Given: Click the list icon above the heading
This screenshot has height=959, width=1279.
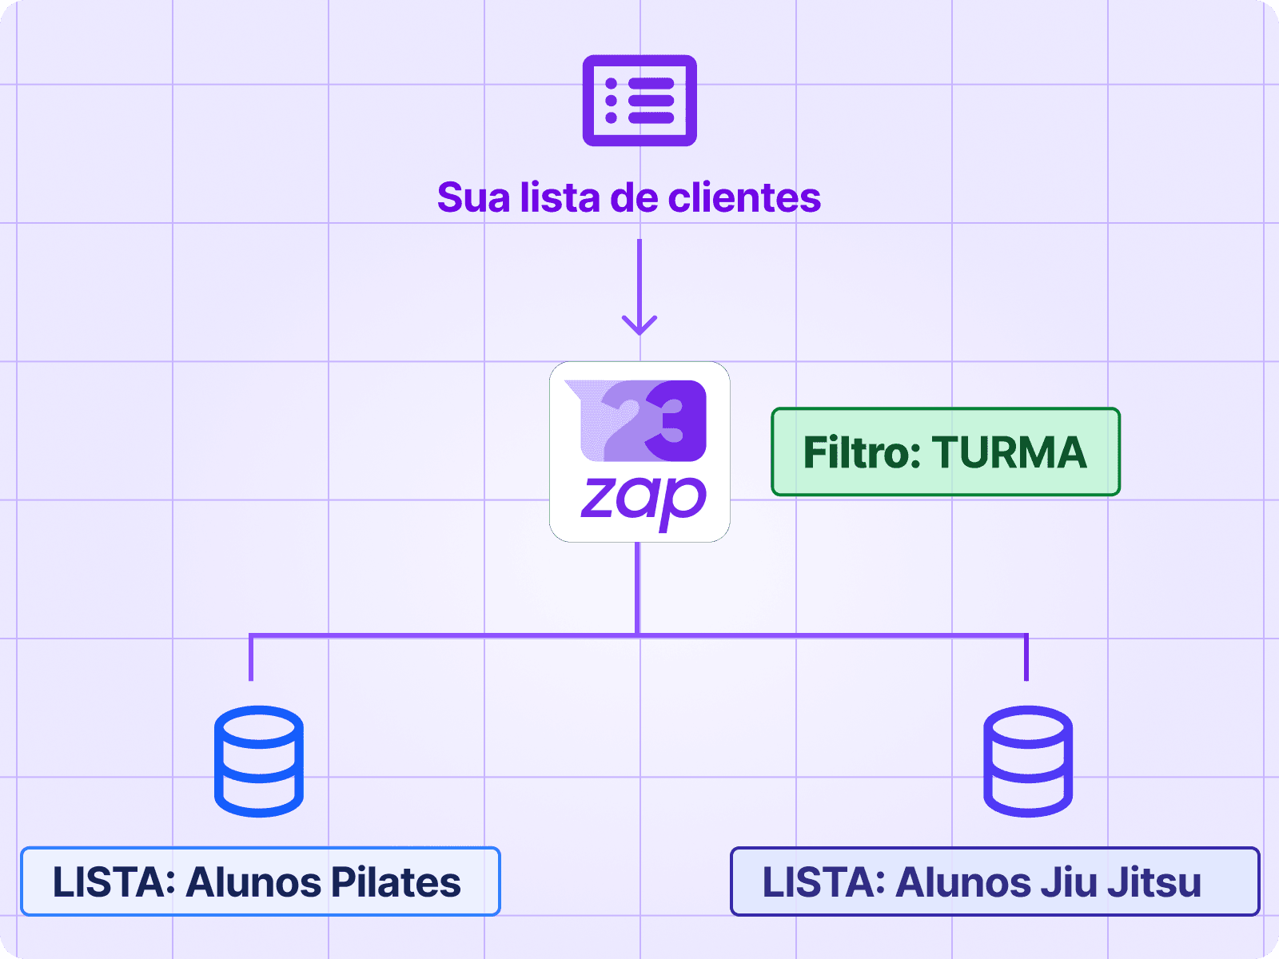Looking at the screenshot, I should (639, 101).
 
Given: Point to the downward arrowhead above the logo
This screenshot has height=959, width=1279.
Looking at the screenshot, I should (639, 324).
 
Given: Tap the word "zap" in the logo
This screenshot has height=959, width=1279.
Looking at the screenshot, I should (643, 500).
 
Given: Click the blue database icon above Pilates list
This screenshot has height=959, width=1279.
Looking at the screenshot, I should (259, 761).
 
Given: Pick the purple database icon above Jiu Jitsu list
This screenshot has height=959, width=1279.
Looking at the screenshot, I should (1027, 761).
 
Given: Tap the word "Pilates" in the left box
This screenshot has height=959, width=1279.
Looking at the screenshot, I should (396, 882).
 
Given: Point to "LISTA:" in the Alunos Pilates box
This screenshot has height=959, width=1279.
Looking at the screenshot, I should (114, 882).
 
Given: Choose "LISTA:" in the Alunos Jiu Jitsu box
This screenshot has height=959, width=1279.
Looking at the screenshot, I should (823, 882).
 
